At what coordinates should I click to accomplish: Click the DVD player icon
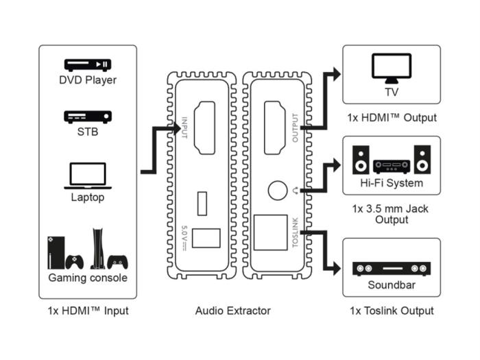pyautogui.click(x=87, y=65)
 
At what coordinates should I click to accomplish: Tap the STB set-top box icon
pyautogui.click(x=87, y=117)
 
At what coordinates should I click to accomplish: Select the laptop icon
pyautogui.click(x=87, y=176)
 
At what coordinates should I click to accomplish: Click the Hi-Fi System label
pyautogui.click(x=392, y=183)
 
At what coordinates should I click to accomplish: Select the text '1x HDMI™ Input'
pyautogui.click(x=88, y=311)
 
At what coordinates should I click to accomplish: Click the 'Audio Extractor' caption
pyautogui.click(x=232, y=311)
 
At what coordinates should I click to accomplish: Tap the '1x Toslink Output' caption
pyautogui.click(x=392, y=311)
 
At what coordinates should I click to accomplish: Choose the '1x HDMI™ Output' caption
pyautogui.click(x=392, y=117)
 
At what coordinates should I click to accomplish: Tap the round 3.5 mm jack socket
pyautogui.click(x=278, y=190)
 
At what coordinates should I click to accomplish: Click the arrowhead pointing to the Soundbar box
pyautogui.click(x=337, y=269)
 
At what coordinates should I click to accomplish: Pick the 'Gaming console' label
pyautogui.click(x=88, y=278)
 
